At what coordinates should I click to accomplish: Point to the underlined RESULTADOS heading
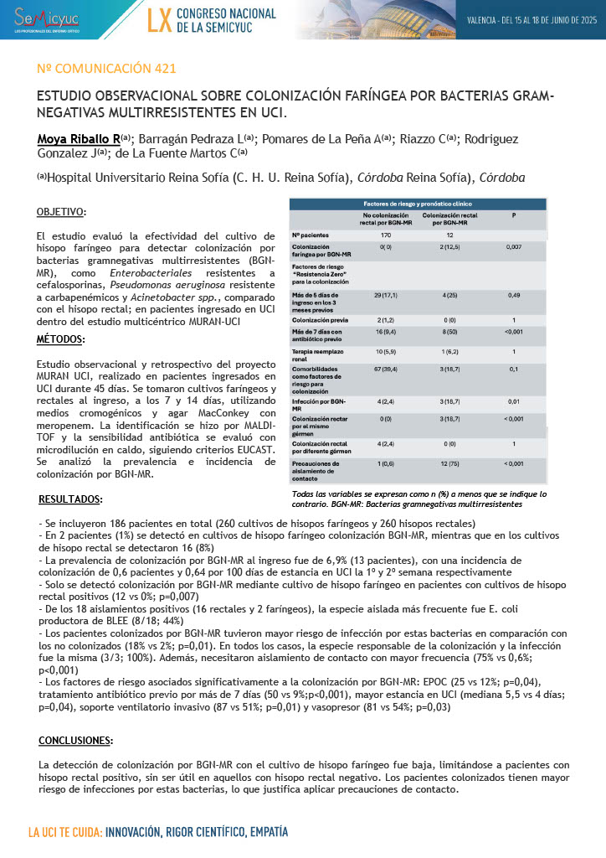pyautogui.click(x=71, y=499)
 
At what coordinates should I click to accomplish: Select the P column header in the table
pyautogui.click(x=513, y=215)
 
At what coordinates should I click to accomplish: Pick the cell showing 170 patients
pyautogui.click(x=386, y=235)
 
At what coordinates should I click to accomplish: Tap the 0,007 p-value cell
pyautogui.click(x=513, y=248)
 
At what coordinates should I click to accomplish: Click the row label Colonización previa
pyautogui.click(x=316, y=320)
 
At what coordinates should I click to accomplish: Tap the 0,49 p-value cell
pyautogui.click(x=513, y=296)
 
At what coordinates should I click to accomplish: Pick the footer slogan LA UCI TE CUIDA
pyautogui.click(x=65, y=833)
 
